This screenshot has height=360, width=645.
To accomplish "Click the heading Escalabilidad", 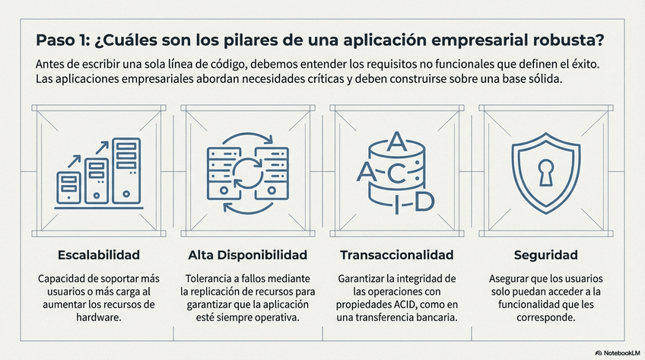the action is click(99, 254).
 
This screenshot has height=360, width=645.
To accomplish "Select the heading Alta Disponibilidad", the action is click(247, 254).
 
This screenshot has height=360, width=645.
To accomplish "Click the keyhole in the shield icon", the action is click(546, 172).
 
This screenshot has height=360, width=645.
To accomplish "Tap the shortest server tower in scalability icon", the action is click(71, 186).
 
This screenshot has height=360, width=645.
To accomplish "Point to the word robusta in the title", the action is click(572, 39).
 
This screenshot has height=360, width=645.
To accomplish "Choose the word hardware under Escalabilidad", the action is click(99, 319).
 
